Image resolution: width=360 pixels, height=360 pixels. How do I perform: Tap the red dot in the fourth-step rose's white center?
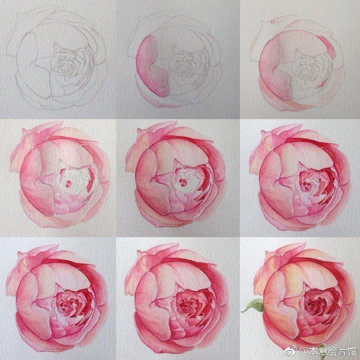point(68,184)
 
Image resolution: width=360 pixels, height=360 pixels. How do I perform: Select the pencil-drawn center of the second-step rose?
point(184,67)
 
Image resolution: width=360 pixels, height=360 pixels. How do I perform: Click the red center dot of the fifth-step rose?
point(183,183)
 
